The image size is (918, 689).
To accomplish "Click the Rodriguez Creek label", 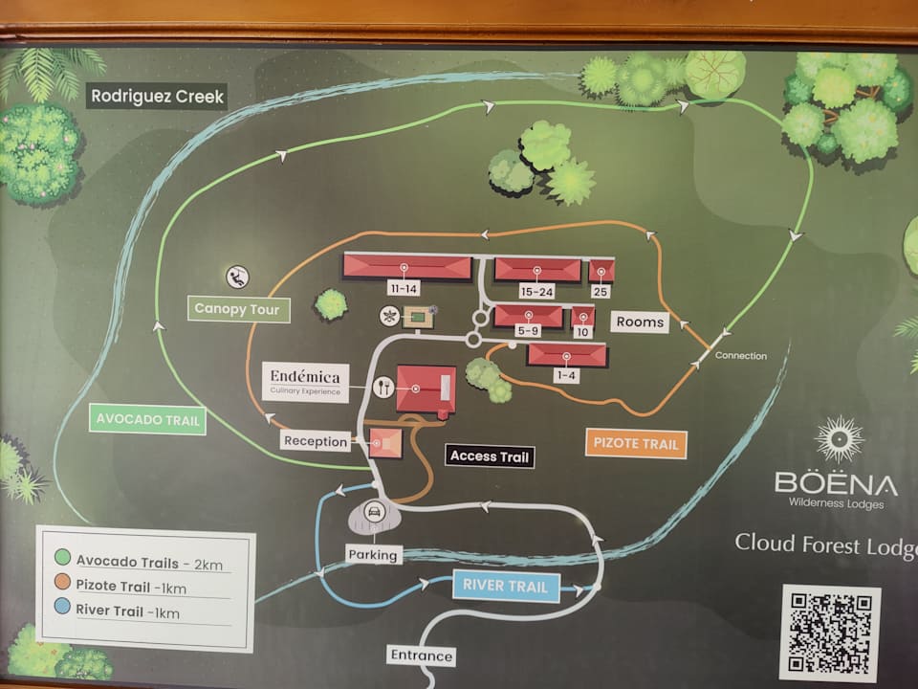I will click(158, 97).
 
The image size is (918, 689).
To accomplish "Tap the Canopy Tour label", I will click(237, 308).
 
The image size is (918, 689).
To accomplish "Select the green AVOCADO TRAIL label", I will click(148, 419).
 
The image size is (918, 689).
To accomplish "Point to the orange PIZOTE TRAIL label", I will click(636, 443).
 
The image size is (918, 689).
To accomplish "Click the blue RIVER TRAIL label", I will click(505, 586).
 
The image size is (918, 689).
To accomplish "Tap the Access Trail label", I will click(489, 456).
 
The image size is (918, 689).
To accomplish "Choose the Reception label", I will click(316, 441).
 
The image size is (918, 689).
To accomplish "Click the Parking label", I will click(373, 554).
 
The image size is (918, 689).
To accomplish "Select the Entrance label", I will click(421, 656).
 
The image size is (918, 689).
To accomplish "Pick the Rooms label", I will click(640, 322).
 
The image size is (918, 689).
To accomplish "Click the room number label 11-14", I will click(404, 288).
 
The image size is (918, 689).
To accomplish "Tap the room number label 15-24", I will click(537, 291).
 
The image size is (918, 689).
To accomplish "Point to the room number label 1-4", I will click(566, 375).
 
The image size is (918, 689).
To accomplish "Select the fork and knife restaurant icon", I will click(383, 387).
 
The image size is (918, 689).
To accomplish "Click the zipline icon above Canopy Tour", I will click(237, 278).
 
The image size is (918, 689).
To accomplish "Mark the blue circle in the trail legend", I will click(63, 608).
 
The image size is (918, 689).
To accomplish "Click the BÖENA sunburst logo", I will click(839, 439).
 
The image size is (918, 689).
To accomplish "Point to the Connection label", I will click(741, 356).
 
